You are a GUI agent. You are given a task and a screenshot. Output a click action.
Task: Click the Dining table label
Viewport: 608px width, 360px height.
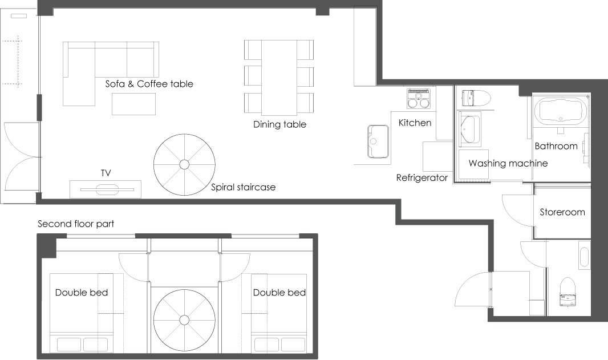(x=279, y=124)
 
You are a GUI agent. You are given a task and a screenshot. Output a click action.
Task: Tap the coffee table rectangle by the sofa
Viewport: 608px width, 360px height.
(x=134, y=104)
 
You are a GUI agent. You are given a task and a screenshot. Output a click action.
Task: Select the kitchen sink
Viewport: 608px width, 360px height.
(x=378, y=141)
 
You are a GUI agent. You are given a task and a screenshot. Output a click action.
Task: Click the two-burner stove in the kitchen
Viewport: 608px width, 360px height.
(x=419, y=99)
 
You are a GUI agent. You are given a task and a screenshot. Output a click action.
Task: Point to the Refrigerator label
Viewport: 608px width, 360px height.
(x=422, y=177)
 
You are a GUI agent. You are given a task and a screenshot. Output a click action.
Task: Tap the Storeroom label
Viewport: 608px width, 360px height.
(x=562, y=212)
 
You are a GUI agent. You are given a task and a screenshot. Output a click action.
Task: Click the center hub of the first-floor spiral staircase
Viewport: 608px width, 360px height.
(x=184, y=164)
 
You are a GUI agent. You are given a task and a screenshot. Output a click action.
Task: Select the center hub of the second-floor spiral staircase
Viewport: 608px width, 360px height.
(x=184, y=320)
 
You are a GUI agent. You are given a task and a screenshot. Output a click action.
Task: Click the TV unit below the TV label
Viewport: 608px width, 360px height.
(x=106, y=189)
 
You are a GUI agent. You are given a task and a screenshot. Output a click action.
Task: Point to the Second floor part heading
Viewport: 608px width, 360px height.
(x=76, y=224)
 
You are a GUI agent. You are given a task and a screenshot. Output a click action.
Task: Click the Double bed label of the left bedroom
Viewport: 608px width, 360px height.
(x=82, y=293)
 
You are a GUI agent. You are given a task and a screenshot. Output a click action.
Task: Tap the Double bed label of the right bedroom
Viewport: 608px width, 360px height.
(x=279, y=293)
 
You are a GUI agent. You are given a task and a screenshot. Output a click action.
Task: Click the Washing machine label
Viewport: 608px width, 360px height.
(x=508, y=163)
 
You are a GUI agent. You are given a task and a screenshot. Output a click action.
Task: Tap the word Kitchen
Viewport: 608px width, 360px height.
(x=415, y=123)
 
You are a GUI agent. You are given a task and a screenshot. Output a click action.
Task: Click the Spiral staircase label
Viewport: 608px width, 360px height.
(x=243, y=187)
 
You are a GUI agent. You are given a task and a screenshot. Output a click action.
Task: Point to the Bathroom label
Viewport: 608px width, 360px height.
(x=556, y=146)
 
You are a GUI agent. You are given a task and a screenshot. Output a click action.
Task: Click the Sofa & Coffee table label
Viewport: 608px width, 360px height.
(x=149, y=84)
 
